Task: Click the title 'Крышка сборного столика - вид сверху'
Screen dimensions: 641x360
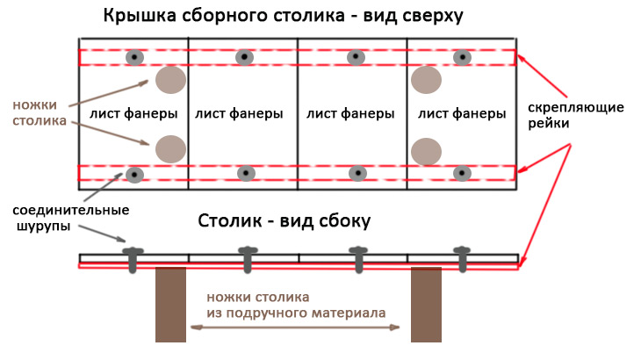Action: (284, 16)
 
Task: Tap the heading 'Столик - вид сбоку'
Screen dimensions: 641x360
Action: (284, 220)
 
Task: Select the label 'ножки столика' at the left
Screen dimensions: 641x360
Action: (40, 112)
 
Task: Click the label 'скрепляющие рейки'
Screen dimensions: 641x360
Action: (576, 115)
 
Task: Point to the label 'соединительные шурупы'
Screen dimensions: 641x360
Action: (71, 218)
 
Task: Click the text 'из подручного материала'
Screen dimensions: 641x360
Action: (296, 313)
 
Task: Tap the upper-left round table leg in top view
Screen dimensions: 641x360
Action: (170, 80)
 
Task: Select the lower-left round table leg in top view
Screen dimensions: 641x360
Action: (170, 149)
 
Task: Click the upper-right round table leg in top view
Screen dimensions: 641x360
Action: (426, 80)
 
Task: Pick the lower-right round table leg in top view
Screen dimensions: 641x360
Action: (426, 152)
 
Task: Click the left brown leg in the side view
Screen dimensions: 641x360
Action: (170, 305)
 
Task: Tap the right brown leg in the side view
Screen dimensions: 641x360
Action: (426, 305)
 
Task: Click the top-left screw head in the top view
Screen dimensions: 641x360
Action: (134, 57)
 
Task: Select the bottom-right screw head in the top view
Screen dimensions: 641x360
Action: (462, 173)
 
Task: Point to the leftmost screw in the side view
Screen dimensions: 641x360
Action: (133, 260)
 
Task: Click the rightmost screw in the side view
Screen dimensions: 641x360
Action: (462, 259)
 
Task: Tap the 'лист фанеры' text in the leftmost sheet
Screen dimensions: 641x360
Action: (133, 113)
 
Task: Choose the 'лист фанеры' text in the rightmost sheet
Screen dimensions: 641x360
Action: (462, 113)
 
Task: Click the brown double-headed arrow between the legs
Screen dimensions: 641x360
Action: (295, 328)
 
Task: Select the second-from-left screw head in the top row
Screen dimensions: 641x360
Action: (244, 57)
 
